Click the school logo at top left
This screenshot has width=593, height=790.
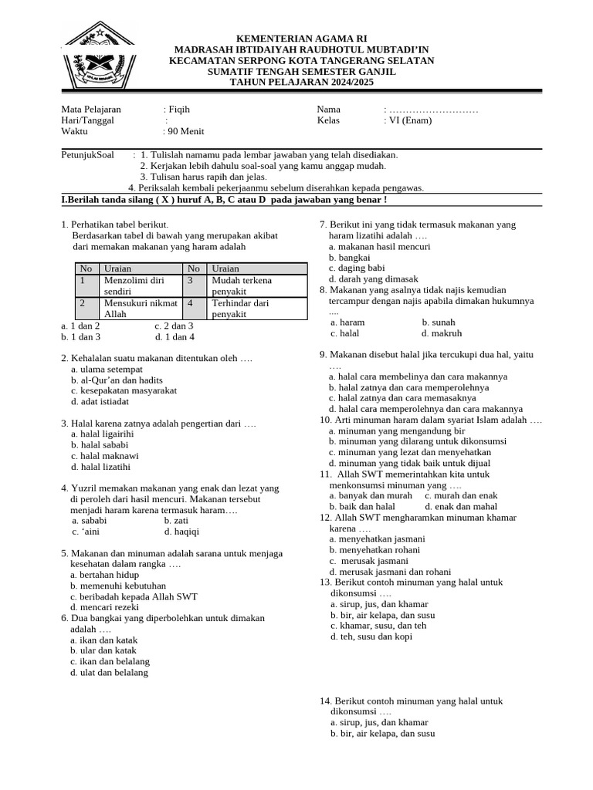pyautogui.click(x=99, y=56)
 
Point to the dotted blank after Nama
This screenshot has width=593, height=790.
pyautogui.click(x=433, y=110)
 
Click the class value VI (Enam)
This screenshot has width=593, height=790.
pyautogui.click(x=410, y=120)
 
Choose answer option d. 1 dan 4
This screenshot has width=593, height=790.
pyautogui.click(x=175, y=337)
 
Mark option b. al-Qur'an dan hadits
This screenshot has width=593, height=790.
pyautogui.click(x=117, y=380)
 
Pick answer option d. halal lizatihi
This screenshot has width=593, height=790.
pyautogui.click(x=100, y=467)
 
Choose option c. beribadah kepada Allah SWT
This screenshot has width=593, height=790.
pyautogui.click(x=134, y=597)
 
